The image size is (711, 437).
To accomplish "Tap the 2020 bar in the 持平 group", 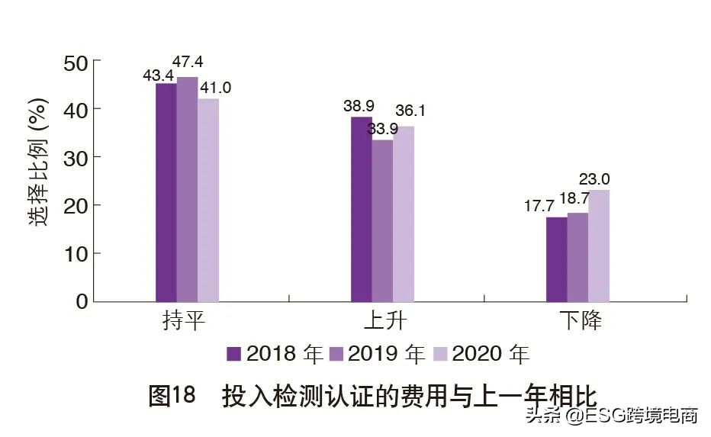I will pos(208,200).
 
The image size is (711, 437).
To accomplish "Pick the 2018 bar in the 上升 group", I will pos(362,209).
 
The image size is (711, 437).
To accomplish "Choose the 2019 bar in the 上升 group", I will pos(382,220).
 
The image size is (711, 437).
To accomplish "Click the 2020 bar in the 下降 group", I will pos(599,245).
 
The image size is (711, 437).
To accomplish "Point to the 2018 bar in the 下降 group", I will pos(557,259).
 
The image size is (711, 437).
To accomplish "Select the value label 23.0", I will pos(594,180).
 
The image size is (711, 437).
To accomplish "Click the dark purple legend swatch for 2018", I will pos(234,354).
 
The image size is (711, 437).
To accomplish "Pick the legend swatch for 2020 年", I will pos(440,354).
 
